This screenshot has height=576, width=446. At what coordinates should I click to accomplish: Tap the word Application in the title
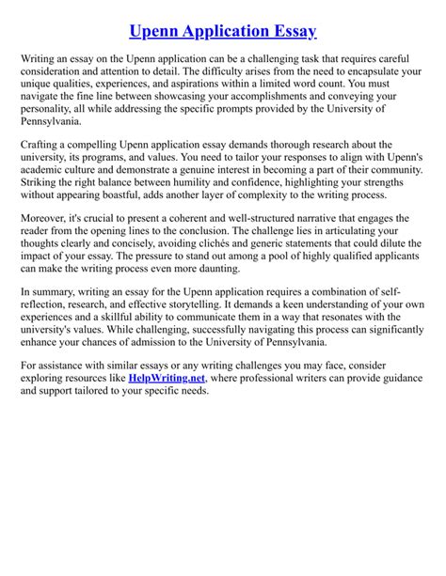[x=211, y=31]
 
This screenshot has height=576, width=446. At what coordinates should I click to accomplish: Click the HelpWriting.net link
[x=180, y=376]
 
